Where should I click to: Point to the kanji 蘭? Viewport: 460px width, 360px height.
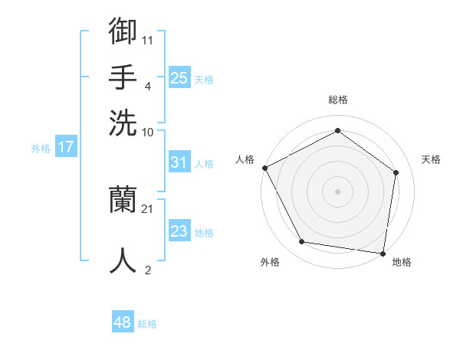pyautogui.click(x=123, y=201)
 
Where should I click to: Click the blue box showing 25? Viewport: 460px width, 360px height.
pyautogui.click(x=179, y=78)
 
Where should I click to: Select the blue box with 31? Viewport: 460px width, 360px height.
pyautogui.click(x=179, y=162)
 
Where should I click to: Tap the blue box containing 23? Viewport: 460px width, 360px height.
pyautogui.click(x=179, y=231)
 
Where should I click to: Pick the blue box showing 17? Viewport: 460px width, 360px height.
pyautogui.click(x=65, y=148)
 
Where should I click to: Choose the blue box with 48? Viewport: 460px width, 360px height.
pyautogui.click(x=122, y=322)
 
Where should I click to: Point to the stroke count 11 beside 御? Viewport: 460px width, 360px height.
pyautogui.click(x=148, y=38)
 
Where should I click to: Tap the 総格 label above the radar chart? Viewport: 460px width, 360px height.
pyautogui.click(x=337, y=100)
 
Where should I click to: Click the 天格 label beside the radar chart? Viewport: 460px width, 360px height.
pyautogui.click(x=431, y=159)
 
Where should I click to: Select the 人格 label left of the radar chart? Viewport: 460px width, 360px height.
pyautogui.click(x=245, y=159)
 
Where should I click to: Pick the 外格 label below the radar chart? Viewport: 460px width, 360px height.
pyautogui.click(x=270, y=262)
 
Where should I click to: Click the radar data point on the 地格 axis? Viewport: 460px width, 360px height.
pyautogui.click(x=383, y=253)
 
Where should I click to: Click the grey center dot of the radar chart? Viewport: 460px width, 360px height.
pyautogui.click(x=337, y=191)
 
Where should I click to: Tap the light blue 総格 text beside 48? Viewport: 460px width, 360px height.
pyautogui.click(x=147, y=324)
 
